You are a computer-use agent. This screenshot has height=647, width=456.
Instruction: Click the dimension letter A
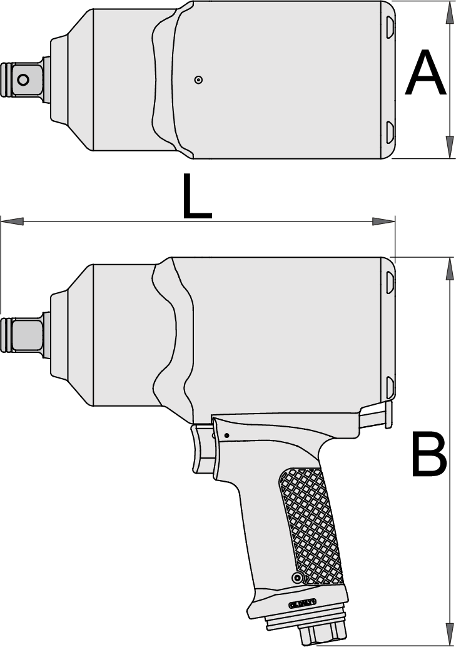click(x=425, y=75)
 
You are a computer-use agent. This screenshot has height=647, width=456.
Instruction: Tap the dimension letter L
click(x=196, y=196)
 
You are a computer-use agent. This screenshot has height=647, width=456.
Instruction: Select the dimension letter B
click(x=429, y=454)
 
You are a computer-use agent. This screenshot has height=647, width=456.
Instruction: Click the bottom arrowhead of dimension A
click(x=450, y=147)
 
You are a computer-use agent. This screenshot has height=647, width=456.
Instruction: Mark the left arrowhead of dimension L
click(x=13, y=221)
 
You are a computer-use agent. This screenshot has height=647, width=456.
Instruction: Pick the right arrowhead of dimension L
click(x=383, y=221)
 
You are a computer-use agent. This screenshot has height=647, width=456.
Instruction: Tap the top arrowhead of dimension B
click(x=450, y=269)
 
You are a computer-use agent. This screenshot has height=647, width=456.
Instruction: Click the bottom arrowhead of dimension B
click(x=450, y=633)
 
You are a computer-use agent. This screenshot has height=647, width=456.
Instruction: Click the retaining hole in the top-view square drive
click(x=23, y=79)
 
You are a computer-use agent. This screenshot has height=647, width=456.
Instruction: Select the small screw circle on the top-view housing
click(x=198, y=79)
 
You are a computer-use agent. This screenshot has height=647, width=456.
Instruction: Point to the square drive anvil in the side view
click(x=25, y=334)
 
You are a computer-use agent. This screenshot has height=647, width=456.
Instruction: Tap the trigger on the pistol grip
click(x=202, y=447)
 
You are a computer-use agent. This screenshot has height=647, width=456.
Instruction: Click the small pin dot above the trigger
click(x=226, y=436)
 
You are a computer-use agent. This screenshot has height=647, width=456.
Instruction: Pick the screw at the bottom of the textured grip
click(x=297, y=576)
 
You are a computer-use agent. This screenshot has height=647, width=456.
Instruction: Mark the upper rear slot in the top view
click(x=390, y=27)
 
